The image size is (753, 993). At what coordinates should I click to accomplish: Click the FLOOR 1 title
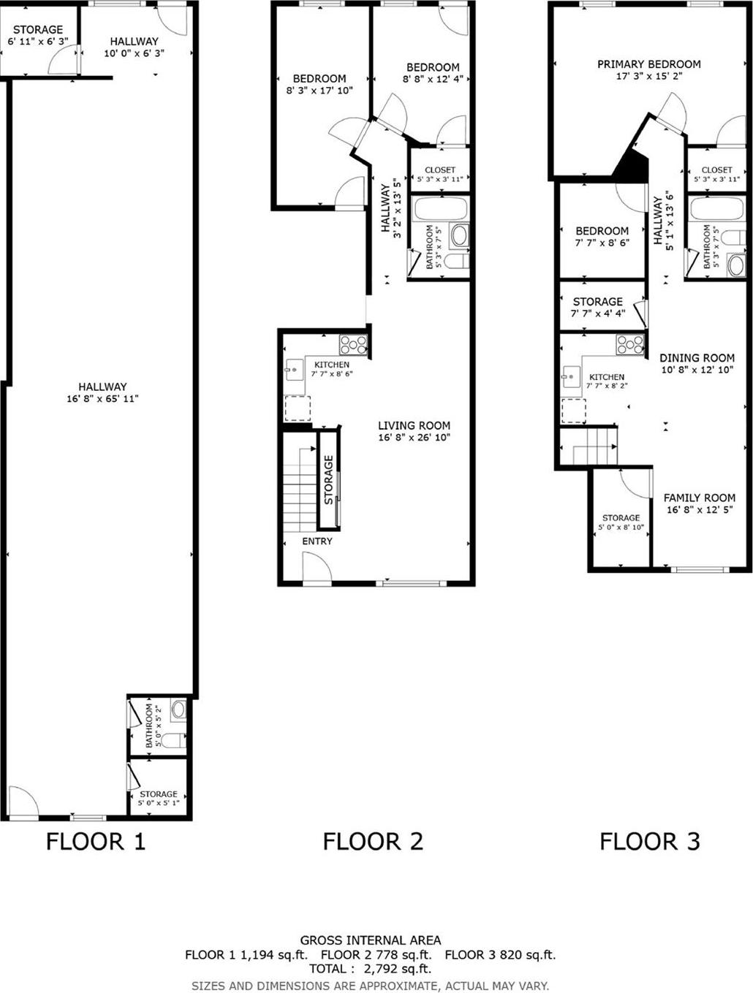pyautogui.click(x=96, y=841)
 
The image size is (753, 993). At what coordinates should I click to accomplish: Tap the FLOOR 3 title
pyautogui.click(x=649, y=841)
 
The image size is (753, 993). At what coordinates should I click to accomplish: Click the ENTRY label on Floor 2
pyautogui.click(x=317, y=541)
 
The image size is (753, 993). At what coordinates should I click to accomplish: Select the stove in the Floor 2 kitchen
pyautogui.click(x=352, y=344)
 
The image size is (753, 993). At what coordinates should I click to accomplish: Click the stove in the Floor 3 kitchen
pyautogui.click(x=629, y=344)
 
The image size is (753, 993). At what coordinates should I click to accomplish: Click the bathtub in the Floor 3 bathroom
pyautogui.click(x=717, y=209)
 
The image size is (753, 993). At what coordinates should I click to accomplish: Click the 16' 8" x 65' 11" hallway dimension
pyautogui.click(x=102, y=399)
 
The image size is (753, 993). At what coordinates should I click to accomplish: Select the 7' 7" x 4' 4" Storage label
pyautogui.click(x=597, y=307)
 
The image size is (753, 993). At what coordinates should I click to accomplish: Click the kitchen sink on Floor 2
pyautogui.click(x=294, y=370)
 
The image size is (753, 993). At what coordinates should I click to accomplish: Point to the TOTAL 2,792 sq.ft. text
pyautogui.click(x=370, y=969)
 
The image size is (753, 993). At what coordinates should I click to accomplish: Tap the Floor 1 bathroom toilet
pyautogui.click(x=171, y=741)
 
